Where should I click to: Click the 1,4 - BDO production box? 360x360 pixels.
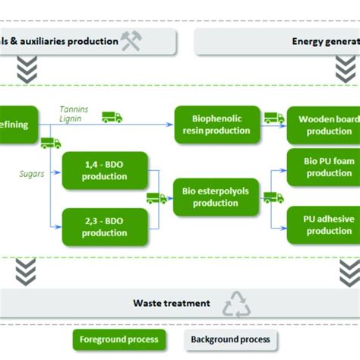[x=105, y=170]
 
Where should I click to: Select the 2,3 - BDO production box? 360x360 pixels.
[x=105, y=226]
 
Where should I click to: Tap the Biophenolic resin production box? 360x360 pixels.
[x=212, y=124]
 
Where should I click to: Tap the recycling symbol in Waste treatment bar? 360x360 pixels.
[x=236, y=304]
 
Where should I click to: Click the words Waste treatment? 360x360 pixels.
[x=172, y=303]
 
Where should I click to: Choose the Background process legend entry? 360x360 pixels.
[x=230, y=339]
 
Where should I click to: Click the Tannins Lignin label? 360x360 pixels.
[x=74, y=114]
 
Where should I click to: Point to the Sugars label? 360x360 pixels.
[x=33, y=174]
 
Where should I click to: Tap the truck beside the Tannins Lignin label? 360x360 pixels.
[x=112, y=117]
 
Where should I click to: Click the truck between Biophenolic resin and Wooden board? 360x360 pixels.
[x=273, y=118]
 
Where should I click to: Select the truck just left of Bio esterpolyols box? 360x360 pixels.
[x=156, y=198]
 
